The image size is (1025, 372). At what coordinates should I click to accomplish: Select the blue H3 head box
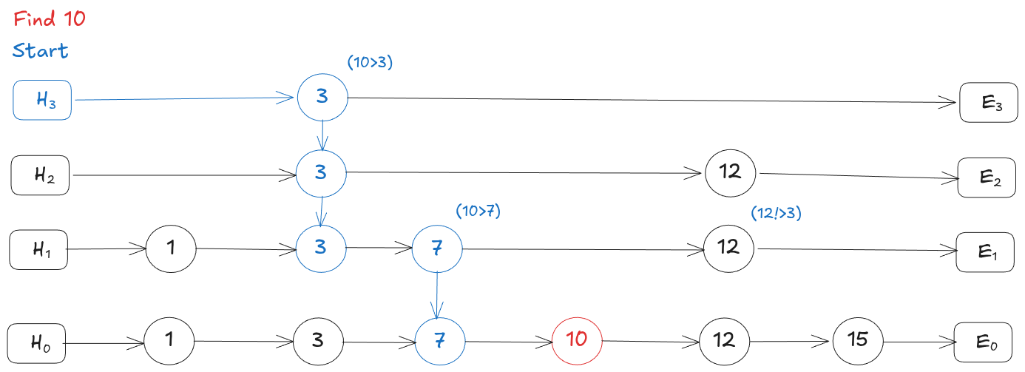(x=43, y=100)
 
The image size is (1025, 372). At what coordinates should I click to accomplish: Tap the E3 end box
(x=988, y=103)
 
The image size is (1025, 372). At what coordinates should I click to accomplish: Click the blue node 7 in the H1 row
(x=436, y=248)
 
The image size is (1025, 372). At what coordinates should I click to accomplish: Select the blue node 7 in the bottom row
(x=439, y=341)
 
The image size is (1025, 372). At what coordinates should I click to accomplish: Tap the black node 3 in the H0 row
(x=319, y=341)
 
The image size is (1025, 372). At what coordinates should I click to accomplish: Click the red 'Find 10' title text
(x=50, y=19)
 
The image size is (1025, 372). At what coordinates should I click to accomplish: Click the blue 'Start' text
(x=41, y=51)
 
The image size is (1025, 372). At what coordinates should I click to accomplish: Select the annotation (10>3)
(x=370, y=63)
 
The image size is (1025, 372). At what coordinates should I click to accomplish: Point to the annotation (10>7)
(x=478, y=211)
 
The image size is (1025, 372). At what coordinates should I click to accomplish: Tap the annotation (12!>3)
(x=776, y=213)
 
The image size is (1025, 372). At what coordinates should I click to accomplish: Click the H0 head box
(x=36, y=342)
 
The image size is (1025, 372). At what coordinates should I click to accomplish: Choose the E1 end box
(x=986, y=251)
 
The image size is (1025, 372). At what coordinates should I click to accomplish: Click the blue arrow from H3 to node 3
(x=185, y=98)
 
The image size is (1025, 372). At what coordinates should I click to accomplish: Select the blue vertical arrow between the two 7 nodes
(x=437, y=294)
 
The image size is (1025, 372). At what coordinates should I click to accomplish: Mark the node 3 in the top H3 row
(x=322, y=98)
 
